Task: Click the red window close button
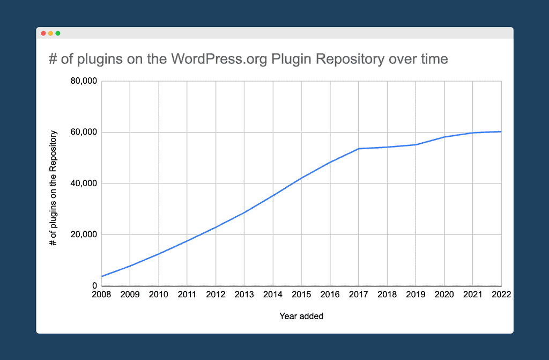click(43, 33)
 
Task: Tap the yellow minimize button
click(50, 33)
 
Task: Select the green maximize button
click(58, 33)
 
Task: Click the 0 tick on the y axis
click(94, 286)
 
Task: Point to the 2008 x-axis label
click(101, 294)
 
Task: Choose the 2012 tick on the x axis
click(216, 294)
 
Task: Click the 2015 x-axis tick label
click(301, 294)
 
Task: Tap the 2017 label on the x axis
click(358, 294)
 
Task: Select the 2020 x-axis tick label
click(444, 294)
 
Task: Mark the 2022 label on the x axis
click(501, 294)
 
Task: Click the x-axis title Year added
click(301, 317)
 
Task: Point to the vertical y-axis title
click(53, 183)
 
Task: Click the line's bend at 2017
click(358, 149)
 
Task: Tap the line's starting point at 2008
click(102, 276)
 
